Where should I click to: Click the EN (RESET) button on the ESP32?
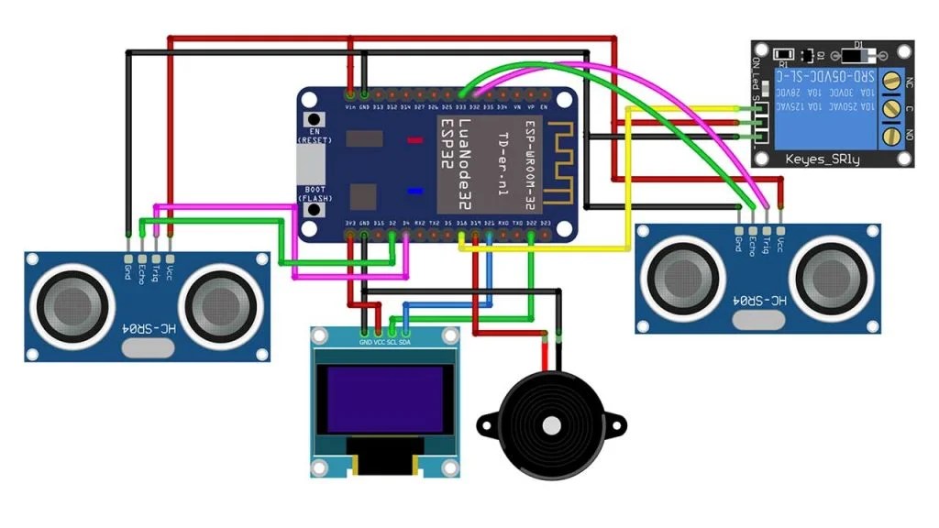(316, 121)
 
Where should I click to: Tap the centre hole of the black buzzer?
(551, 425)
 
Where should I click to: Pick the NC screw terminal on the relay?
(889, 82)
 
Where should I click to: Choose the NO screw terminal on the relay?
(889, 137)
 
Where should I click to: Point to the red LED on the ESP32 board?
(414, 141)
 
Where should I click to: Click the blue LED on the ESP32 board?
(414, 191)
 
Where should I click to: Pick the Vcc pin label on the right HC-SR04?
(780, 243)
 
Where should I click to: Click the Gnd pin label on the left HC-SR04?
(127, 269)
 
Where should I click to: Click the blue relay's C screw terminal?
(889, 110)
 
